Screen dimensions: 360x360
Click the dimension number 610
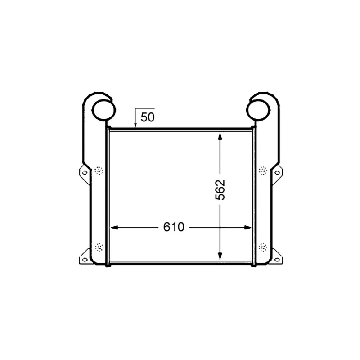pos(174,227)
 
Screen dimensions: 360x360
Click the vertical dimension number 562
pos(220,190)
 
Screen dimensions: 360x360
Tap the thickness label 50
pos(148,117)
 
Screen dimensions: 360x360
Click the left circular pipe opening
pos(103,110)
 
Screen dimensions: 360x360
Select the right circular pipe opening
pos(258,110)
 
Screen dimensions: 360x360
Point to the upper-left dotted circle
pos(99,171)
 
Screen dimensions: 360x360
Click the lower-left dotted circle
pos(99,247)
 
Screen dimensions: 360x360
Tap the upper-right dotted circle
pos(263,171)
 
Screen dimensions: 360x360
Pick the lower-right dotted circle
pos(263,247)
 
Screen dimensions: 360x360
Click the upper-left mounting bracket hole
pos(85,172)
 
